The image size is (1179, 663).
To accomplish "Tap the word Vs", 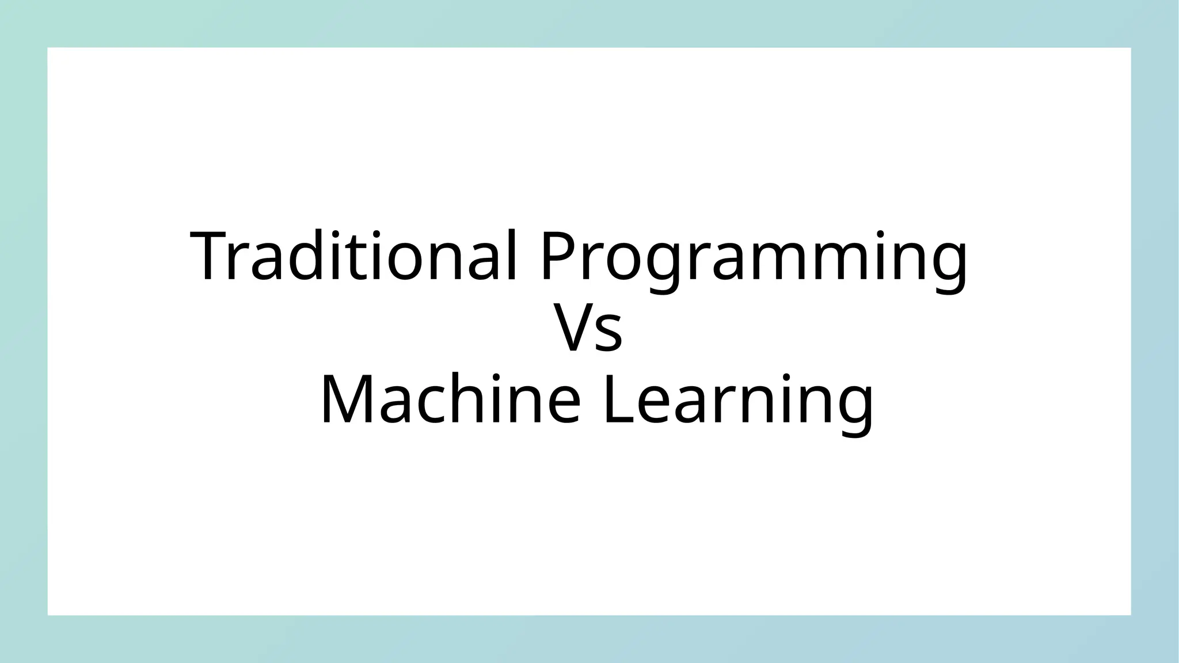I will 588,329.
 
